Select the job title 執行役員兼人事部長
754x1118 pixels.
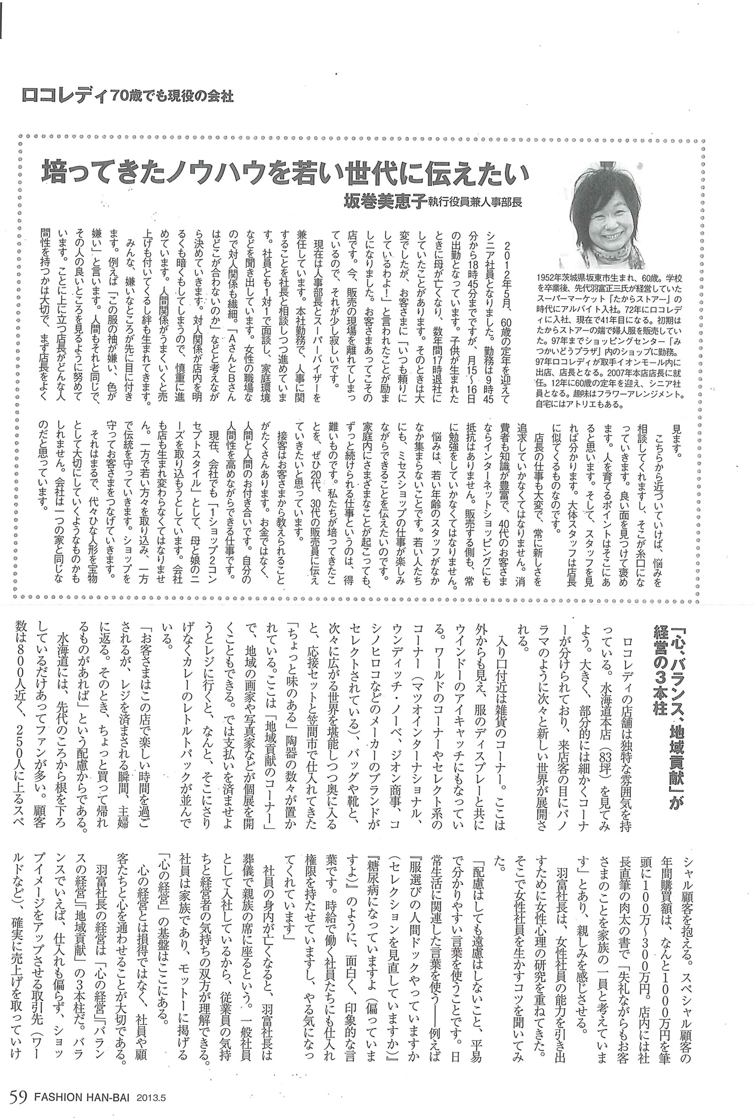coord(477,203)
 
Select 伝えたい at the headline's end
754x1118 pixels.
coord(488,172)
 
